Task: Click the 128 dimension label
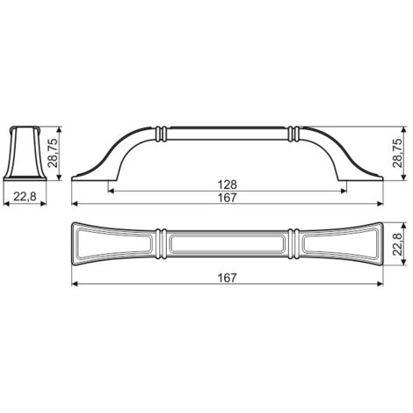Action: [228, 185]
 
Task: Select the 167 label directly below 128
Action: [228, 198]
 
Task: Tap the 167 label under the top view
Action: [228, 278]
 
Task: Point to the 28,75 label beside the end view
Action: [54, 153]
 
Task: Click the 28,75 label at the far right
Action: [397, 153]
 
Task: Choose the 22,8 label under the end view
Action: [25, 197]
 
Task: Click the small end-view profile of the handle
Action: [25, 153]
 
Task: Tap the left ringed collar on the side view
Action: [161, 134]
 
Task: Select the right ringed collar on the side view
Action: [293, 134]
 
